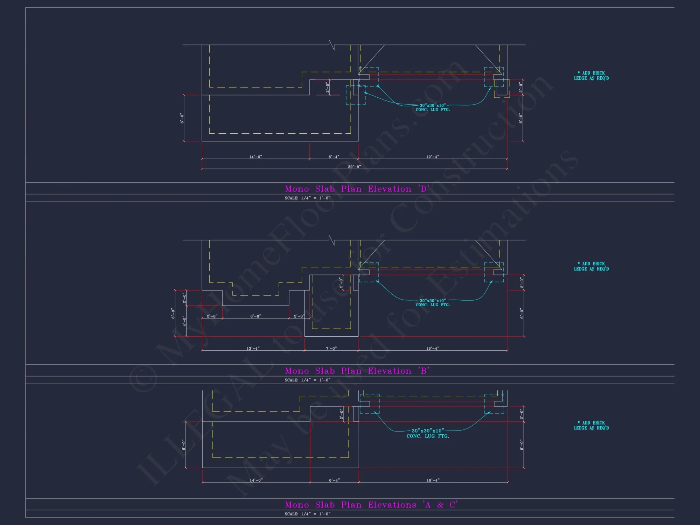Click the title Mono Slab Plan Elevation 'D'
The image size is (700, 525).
coord(357,189)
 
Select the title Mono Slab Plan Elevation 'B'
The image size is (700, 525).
coord(357,371)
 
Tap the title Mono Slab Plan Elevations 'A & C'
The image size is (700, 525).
coord(371,505)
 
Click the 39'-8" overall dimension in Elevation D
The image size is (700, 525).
coord(354,167)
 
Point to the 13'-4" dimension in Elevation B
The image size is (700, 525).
coord(253,348)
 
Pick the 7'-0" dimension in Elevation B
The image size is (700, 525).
coord(331,348)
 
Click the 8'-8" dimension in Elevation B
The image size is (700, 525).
coord(255,316)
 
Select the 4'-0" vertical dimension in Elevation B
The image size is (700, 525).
coord(184,321)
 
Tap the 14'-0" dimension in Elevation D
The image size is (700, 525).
coord(255,157)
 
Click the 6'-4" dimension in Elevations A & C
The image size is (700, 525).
coord(334,480)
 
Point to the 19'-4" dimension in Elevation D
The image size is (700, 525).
coord(433,157)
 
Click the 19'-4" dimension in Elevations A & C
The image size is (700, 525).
coord(433,480)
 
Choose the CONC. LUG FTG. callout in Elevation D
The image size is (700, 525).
coord(433,110)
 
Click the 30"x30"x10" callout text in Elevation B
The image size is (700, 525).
coord(433,300)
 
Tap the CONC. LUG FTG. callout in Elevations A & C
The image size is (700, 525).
coord(428,436)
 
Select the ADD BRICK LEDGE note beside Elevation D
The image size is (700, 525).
coord(591,76)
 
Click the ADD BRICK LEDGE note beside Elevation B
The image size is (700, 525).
coord(591,266)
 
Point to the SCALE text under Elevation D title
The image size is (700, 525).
coord(307,198)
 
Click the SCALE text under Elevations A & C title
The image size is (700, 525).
coord(307,514)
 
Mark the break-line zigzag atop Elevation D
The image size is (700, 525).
coord(331,45)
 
